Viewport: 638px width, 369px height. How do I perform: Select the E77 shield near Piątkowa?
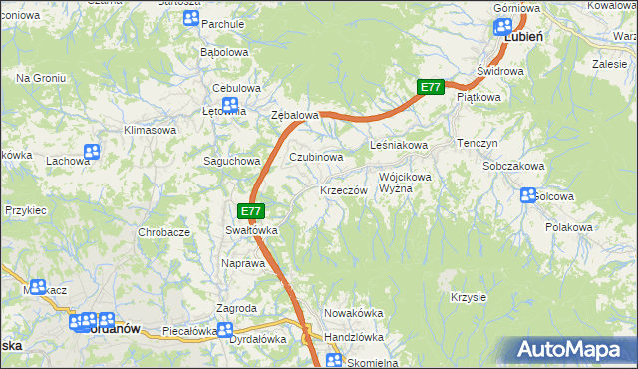[430, 88]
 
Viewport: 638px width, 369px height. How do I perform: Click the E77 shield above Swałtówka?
[251, 211]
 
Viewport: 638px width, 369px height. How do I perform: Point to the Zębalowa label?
[294, 116]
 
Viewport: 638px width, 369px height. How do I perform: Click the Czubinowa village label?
[316, 157]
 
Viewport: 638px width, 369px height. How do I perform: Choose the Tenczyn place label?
[477, 143]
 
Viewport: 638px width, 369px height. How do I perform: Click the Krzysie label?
[468, 297]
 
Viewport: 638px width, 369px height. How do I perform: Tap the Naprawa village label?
[242, 264]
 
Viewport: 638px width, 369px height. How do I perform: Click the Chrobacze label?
[163, 232]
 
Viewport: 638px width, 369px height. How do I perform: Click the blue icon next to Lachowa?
[92, 153]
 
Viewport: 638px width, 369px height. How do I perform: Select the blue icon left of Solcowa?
[528, 196]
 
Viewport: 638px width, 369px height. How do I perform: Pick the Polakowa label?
[569, 228]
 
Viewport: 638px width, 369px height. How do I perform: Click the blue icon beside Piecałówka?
[225, 330]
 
